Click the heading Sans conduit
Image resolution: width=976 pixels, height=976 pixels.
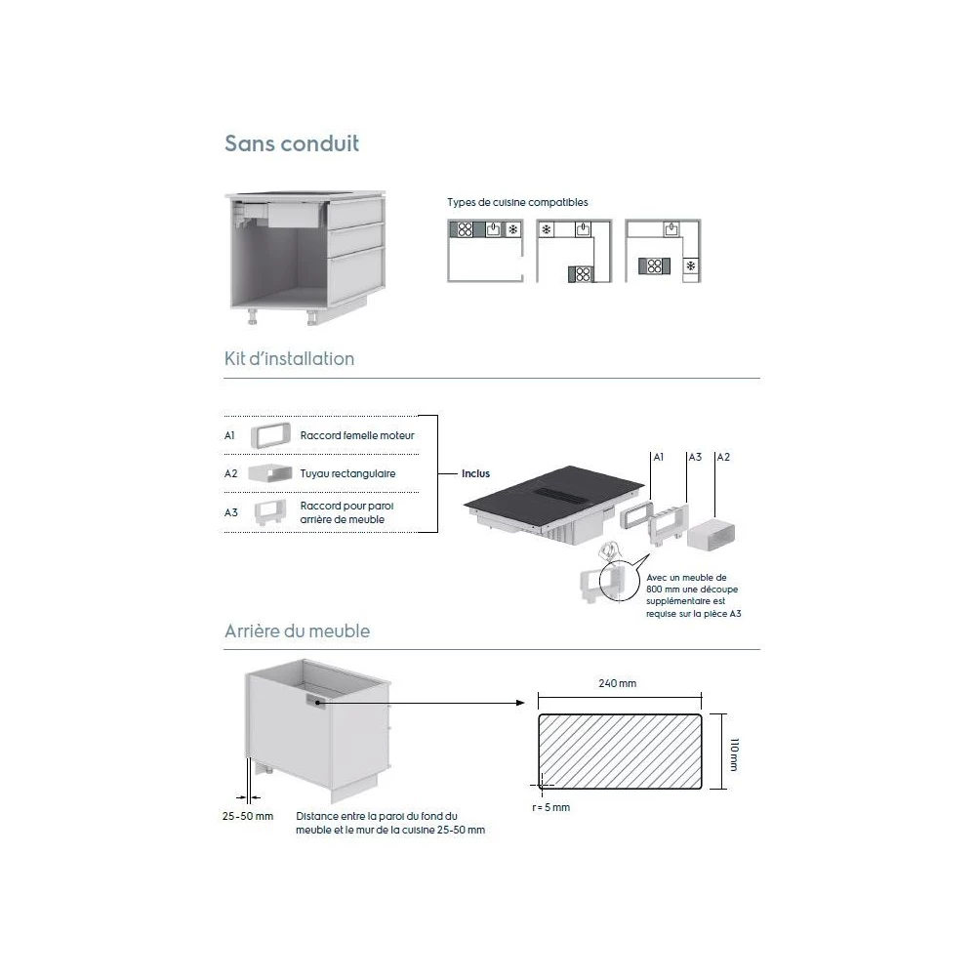coord(292,144)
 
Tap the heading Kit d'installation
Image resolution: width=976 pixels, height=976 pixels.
coord(289,358)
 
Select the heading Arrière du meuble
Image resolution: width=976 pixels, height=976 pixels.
coord(297,630)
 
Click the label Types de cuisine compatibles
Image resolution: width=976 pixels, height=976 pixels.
coord(517,202)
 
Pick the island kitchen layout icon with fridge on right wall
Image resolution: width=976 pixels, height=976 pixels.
coord(664,252)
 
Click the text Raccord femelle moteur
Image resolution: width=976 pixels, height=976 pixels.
coord(357,435)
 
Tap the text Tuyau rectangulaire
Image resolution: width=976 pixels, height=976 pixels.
coord(348,473)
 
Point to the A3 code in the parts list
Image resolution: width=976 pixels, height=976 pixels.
coord(231,512)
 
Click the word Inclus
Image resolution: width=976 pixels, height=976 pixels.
coord(476,474)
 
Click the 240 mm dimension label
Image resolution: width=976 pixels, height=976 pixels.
coord(617,683)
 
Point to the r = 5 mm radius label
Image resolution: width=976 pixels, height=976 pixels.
coord(551,807)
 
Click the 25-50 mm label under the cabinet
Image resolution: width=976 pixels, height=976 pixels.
coord(248,815)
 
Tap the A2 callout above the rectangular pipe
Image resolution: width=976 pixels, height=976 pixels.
coord(723,457)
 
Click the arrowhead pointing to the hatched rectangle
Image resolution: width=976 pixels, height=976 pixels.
coord(521,702)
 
